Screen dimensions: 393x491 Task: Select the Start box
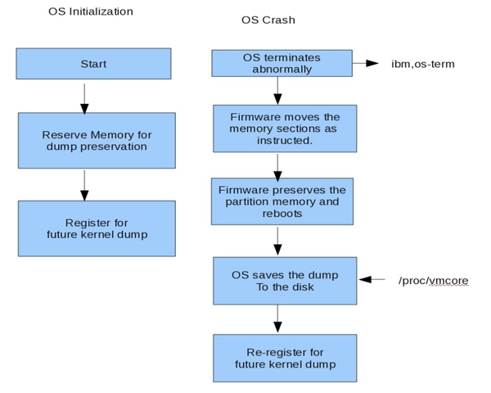coord(93,64)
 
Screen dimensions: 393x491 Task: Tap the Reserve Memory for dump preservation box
coord(96,141)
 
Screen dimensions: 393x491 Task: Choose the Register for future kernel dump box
coord(96,228)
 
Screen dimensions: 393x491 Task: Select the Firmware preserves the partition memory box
coord(282,201)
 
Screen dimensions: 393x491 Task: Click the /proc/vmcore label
coord(433,280)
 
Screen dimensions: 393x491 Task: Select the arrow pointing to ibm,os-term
coord(365,63)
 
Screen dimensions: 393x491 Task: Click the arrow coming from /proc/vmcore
coord(372,280)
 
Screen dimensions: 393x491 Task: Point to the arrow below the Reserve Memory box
coord(84,184)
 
